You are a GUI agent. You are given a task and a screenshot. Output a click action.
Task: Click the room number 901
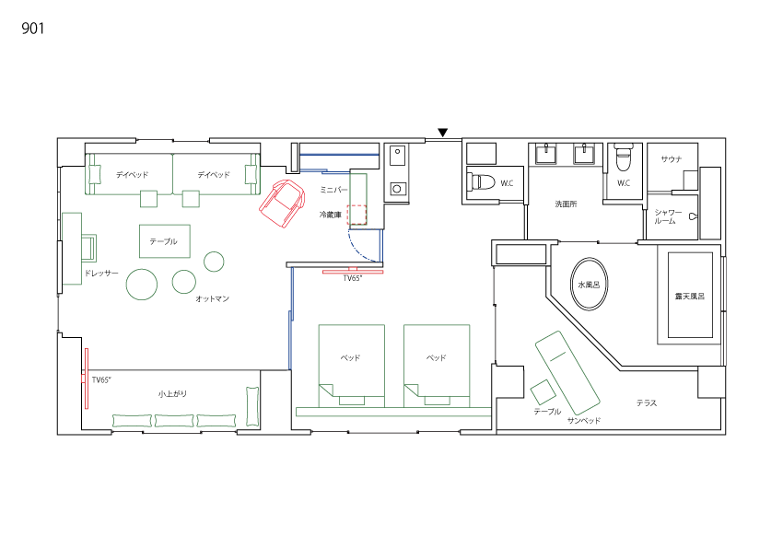click(33, 29)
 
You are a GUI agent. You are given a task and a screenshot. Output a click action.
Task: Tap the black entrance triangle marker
click(442, 133)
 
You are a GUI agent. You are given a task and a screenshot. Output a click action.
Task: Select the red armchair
click(282, 204)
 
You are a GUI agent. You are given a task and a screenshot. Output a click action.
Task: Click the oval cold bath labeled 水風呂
click(590, 284)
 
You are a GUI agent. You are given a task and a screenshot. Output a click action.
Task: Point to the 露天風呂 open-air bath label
click(690, 296)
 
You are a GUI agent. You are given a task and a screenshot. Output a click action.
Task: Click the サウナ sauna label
click(672, 159)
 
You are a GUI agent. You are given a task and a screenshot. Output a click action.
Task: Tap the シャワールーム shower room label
click(668, 216)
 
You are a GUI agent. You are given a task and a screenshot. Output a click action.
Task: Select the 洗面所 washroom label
click(566, 204)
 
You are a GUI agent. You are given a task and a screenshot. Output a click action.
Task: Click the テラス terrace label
click(647, 402)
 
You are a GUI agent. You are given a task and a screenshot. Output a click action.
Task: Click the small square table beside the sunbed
click(543, 391)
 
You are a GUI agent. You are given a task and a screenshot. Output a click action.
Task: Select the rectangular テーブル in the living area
click(165, 241)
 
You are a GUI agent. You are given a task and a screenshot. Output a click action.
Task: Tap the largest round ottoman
click(142, 285)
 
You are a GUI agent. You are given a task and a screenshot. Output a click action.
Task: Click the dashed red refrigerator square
click(357, 215)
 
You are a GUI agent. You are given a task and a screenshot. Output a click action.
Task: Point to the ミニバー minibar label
click(333, 190)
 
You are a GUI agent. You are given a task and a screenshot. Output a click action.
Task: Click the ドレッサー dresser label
click(101, 273)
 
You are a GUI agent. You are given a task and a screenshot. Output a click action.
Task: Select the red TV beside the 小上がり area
click(86, 379)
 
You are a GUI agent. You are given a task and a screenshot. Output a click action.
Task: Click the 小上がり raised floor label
click(172, 394)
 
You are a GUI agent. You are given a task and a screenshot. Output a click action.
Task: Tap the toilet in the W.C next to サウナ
click(624, 157)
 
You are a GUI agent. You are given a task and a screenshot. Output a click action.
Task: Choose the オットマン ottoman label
click(212, 298)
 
